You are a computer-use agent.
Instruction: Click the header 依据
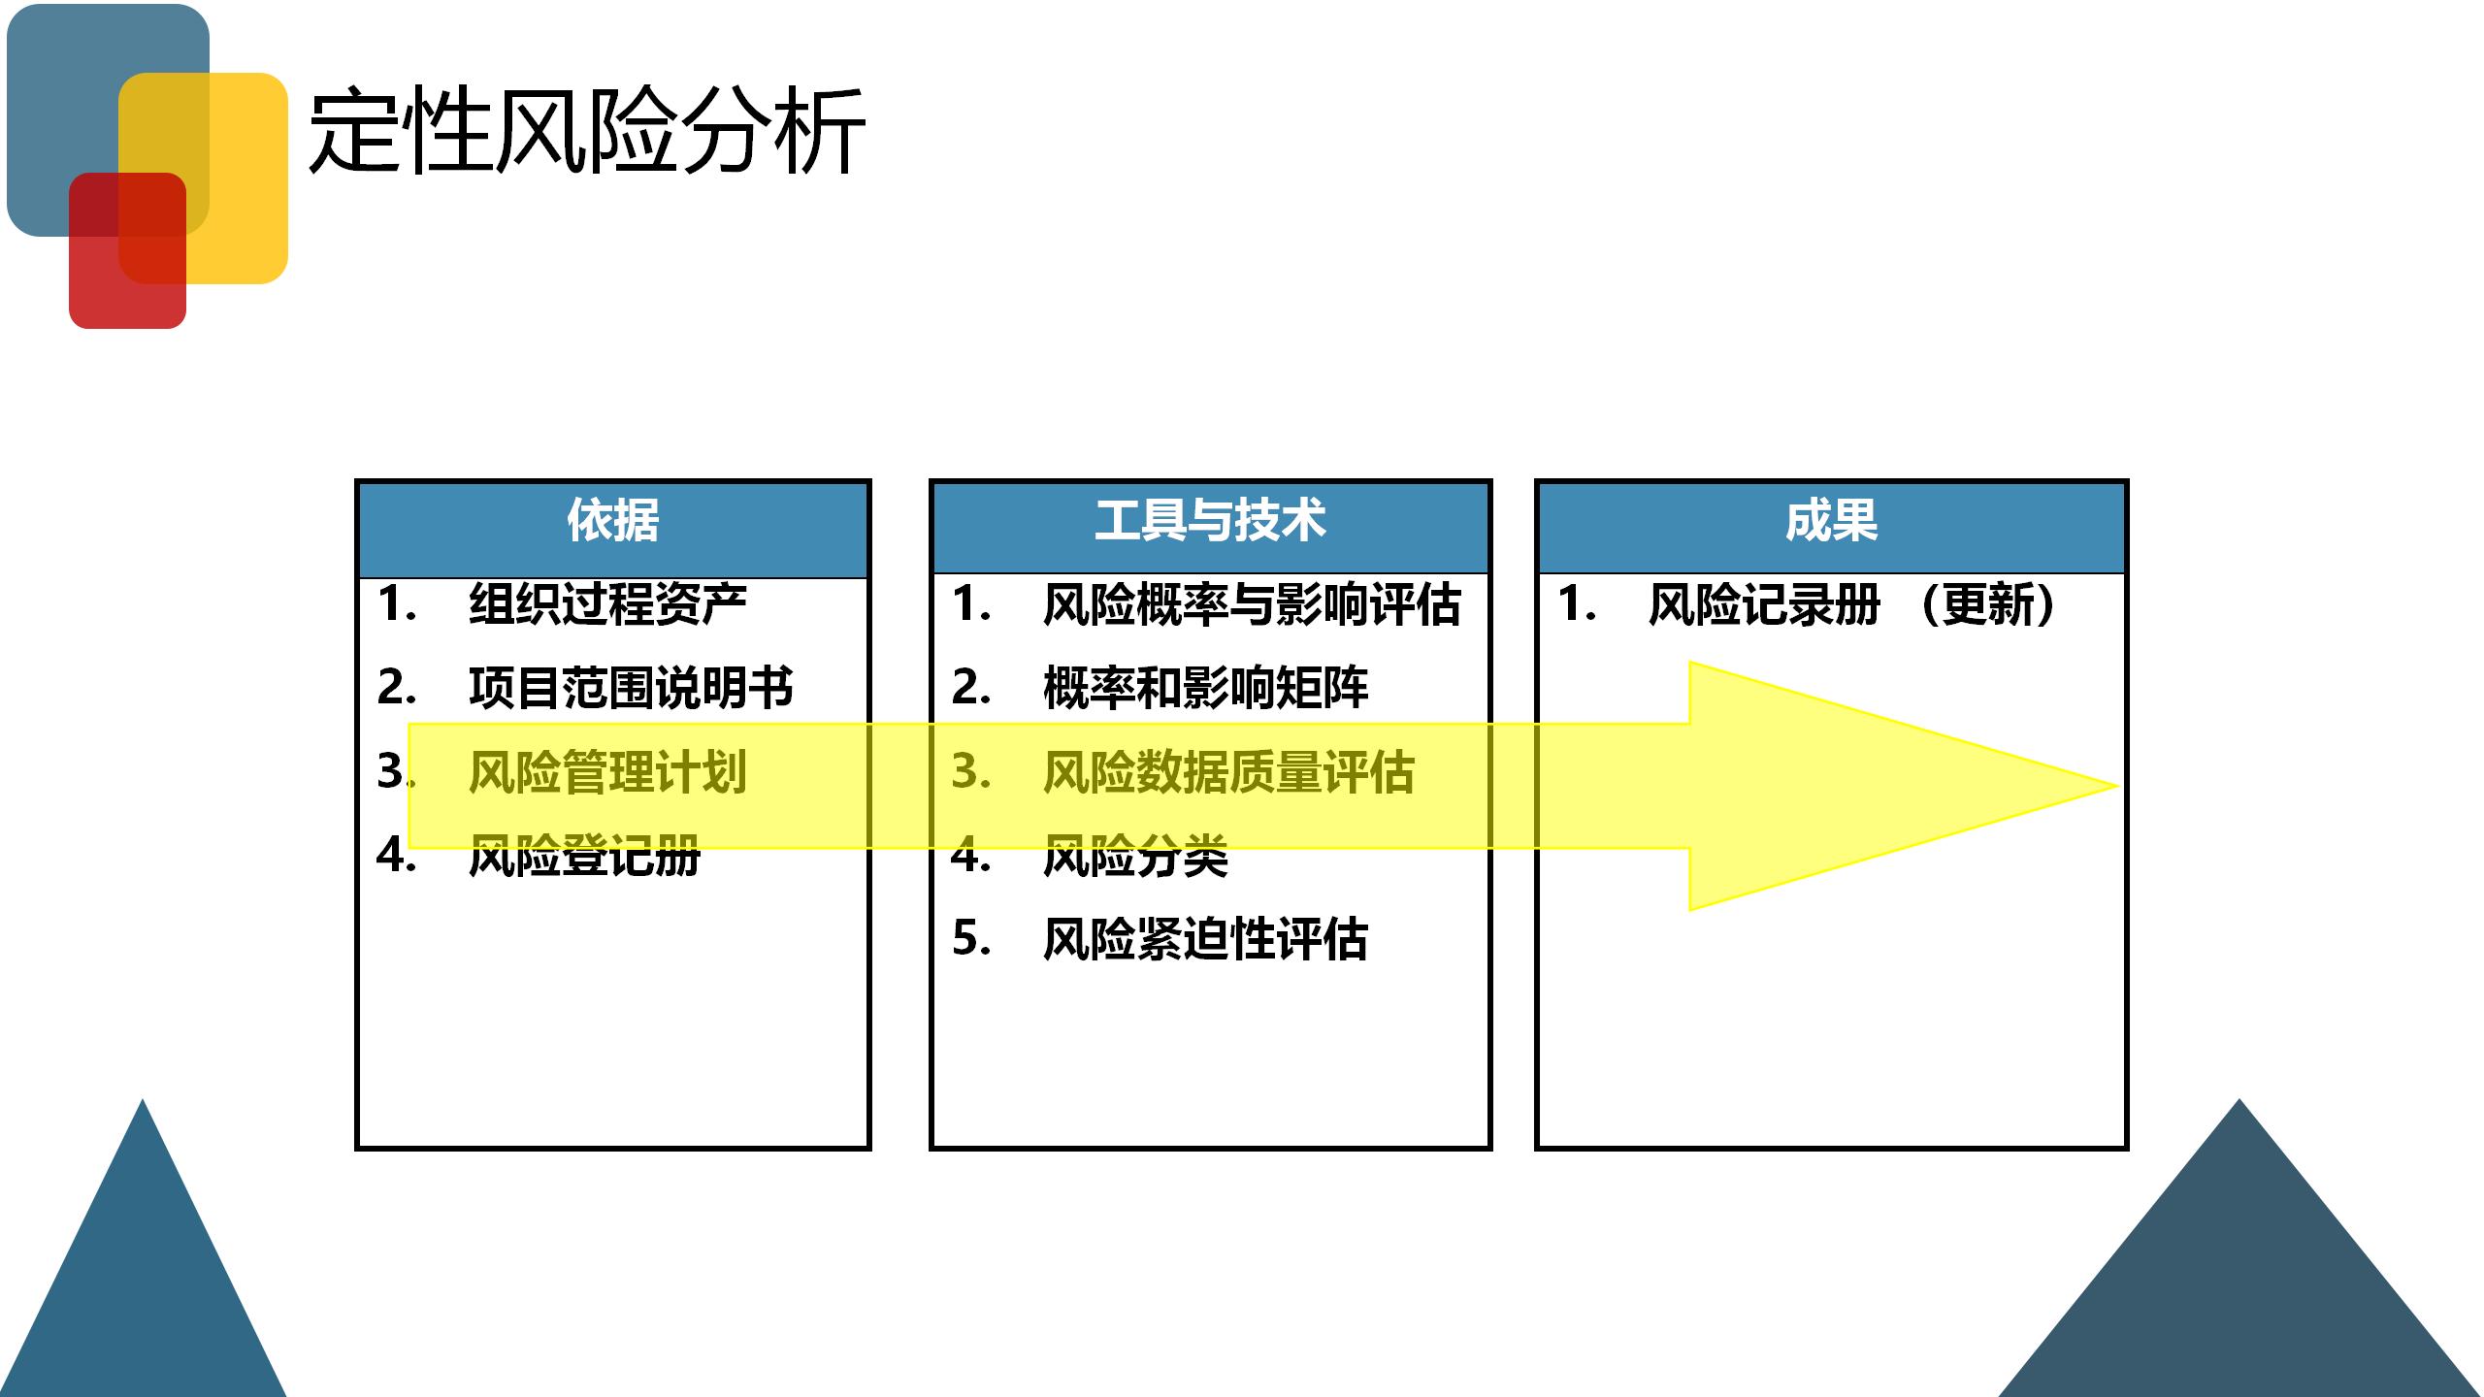[612, 521]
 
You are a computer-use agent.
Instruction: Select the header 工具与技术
[1210, 521]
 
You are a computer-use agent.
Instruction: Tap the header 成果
[1831, 521]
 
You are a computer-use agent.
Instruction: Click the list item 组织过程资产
[607, 603]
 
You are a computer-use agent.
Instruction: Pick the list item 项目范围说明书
[631, 688]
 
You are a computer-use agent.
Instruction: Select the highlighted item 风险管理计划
[607, 772]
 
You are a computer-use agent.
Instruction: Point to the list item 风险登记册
[584, 857]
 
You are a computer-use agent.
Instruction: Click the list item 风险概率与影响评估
[1252, 603]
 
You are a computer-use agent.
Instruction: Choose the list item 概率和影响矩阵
[1205, 688]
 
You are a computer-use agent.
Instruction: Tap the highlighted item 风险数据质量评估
[1228, 772]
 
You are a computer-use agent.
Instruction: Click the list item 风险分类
[1135, 857]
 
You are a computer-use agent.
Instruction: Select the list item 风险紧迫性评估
[1205, 939]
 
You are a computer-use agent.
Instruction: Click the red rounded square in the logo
[126, 291]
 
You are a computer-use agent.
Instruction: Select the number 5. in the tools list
[971, 939]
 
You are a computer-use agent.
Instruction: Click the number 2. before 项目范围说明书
[397, 688]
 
